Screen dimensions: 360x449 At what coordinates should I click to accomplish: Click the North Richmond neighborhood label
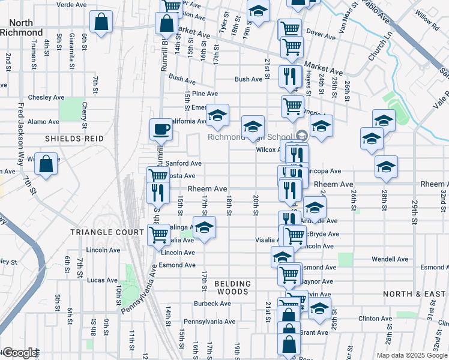pyautogui.click(x=22, y=27)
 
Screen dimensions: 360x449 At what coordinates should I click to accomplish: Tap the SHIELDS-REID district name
pyautogui.click(x=74, y=139)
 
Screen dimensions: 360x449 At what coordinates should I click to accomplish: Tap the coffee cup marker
pyautogui.click(x=161, y=129)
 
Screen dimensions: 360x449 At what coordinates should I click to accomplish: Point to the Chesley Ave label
pyautogui.click(x=46, y=97)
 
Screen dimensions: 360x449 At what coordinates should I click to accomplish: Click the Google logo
pyautogui.click(x=20, y=353)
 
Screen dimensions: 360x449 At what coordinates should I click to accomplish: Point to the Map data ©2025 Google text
pyautogui.click(x=411, y=355)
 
